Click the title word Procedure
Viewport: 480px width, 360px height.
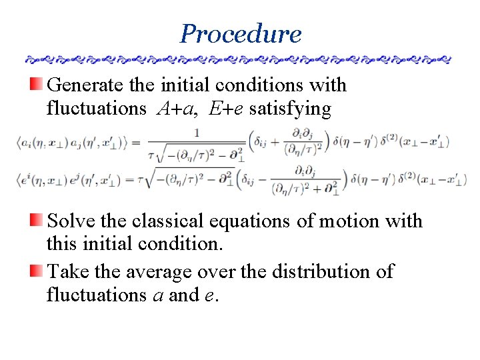click(x=240, y=33)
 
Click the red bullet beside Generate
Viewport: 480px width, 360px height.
click(x=37, y=84)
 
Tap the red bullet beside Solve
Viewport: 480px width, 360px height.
click(x=37, y=219)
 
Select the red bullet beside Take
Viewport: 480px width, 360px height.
click(x=37, y=271)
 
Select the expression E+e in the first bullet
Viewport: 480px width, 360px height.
click(x=226, y=108)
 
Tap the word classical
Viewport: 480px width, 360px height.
click(x=178, y=221)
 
